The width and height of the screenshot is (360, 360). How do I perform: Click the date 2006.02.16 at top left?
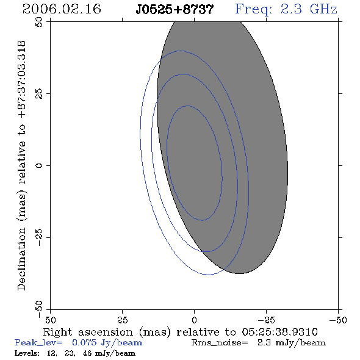point(62,9)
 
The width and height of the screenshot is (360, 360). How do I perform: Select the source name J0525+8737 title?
point(175,9)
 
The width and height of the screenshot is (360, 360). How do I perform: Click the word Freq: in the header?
point(254,10)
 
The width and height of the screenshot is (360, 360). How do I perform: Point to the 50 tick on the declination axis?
point(39,22)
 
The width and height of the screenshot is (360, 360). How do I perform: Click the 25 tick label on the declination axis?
point(39,94)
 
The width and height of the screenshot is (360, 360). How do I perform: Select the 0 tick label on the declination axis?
point(39,165)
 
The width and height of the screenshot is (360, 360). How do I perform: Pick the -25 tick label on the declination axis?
point(39,237)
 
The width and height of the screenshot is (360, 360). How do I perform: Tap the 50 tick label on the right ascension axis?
point(50,320)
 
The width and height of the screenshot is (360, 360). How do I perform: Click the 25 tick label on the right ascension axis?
point(122,320)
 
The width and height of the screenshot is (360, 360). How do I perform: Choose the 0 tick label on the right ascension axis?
point(194,320)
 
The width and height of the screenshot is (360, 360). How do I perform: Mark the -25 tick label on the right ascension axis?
point(266,320)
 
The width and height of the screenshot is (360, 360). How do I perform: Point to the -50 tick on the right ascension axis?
point(338,320)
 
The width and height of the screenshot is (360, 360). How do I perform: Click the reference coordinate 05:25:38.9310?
point(279,332)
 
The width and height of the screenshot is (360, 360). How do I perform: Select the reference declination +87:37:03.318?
point(22,79)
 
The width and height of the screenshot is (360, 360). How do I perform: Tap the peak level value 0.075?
point(84,342)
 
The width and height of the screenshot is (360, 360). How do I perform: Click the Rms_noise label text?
point(220,343)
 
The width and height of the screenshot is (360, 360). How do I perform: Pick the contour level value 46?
point(87,353)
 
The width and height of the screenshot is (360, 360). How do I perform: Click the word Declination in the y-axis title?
point(21,259)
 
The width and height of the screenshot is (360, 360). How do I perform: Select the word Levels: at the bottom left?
point(27,353)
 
